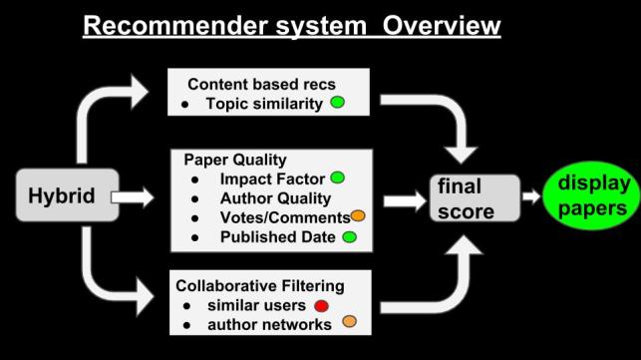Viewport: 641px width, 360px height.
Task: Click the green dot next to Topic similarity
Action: pos(338,104)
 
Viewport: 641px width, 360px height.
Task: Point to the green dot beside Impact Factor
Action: pos(337,178)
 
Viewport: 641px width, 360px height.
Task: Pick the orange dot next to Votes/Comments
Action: pos(357,215)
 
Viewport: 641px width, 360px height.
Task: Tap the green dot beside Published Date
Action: pos(349,236)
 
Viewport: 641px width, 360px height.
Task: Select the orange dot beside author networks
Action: pos(349,321)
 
